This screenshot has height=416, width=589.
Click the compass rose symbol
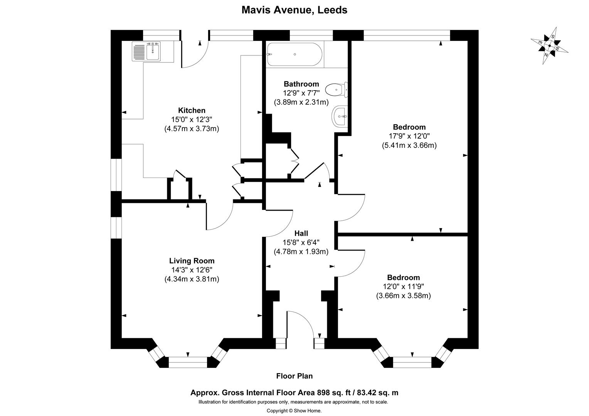pyautogui.click(x=549, y=45)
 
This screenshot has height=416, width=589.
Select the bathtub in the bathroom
pyautogui.click(x=294, y=54)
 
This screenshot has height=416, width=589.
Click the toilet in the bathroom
pyautogui.click(x=336, y=90)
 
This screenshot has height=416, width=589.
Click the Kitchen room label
pyautogui.click(x=192, y=111)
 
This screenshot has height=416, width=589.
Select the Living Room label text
pyautogui.click(x=192, y=261)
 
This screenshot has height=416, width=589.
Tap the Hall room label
pyautogui.click(x=301, y=233)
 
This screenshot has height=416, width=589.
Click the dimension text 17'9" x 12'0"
pyautogui.click(x=409, y=136)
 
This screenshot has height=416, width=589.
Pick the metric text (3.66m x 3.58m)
pyautogui.click(x=403, y=296)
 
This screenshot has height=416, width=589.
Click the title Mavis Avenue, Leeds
pyautogui.click(x=294, y=10)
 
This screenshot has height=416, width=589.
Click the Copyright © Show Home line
pyautogui.click(x=294, y=411)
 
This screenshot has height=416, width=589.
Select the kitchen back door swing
pyautogui.click(x=195, y=54)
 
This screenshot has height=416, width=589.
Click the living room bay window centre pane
pyautogui.click(x=188, y=362)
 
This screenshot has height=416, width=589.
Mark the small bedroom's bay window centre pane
pyautogui.click(x=412, y=362)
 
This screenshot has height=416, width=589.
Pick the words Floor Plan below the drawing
pyautogui.click(x=294, y=376)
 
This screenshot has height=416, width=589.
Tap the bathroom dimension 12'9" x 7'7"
pyautogui.click(x=301, y=93)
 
